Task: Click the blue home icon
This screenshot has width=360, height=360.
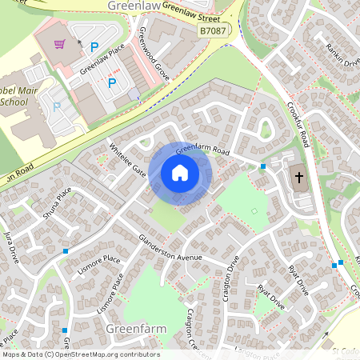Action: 180,173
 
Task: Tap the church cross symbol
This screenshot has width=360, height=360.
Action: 298,177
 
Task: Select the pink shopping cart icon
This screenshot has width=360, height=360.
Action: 58,43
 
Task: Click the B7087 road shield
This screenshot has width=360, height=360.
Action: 211,30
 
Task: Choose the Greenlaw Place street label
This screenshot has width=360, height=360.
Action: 101,61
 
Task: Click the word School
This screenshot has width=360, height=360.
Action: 14,102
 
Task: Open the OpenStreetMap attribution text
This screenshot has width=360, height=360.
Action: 80,354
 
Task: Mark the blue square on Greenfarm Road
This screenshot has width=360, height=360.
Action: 262,166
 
